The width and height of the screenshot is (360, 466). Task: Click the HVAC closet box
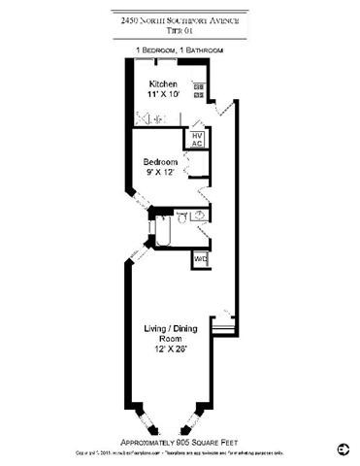[196, 139]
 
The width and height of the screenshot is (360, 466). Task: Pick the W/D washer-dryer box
[200, 259]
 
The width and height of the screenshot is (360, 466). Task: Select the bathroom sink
[198, 216]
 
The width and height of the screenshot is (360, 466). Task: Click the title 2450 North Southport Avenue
[180, 17]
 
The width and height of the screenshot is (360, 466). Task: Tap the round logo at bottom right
[341, 449]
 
